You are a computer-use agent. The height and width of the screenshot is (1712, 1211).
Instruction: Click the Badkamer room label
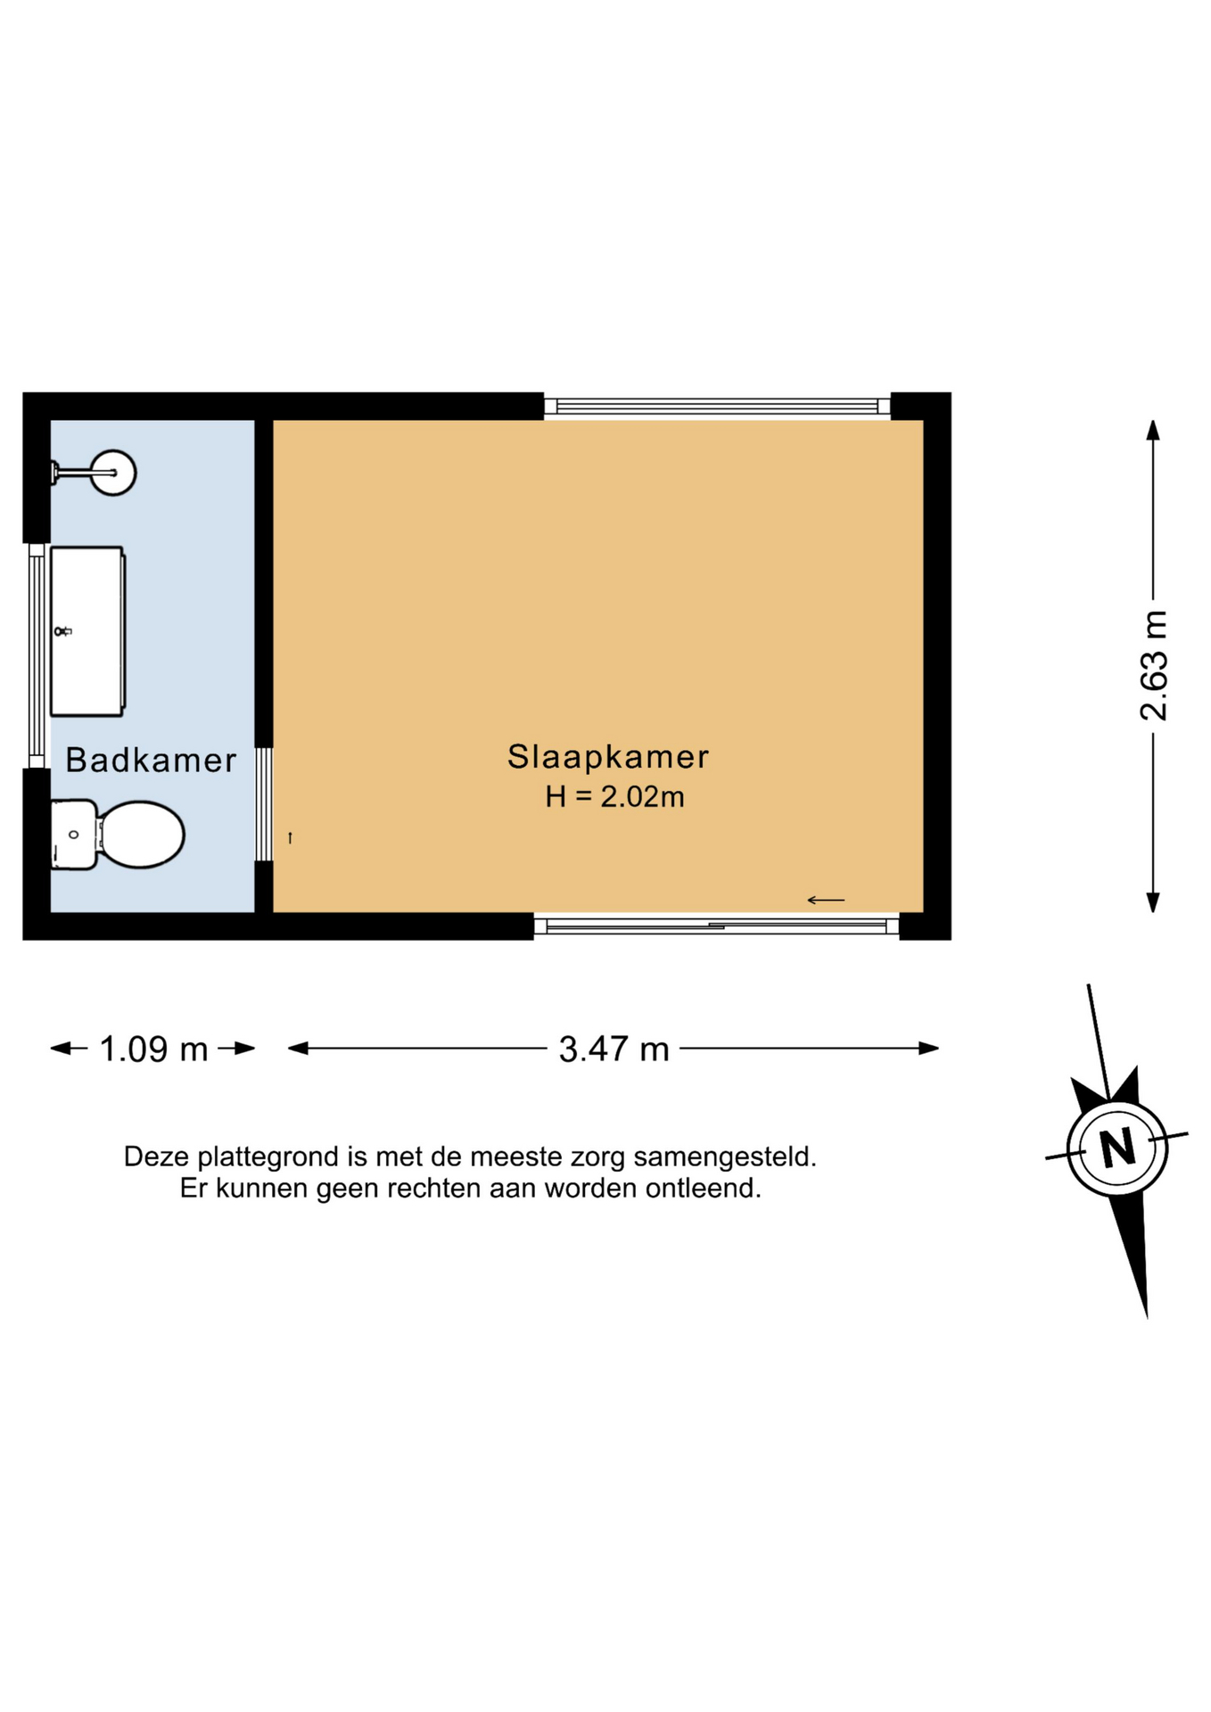(x=151, y=761)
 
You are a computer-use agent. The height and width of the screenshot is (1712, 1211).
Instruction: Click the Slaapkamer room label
(x=608, y=757)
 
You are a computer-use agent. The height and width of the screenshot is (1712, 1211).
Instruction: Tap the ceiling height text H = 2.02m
(x=615, y=796)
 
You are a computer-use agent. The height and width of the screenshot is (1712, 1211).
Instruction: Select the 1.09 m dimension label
(x=153, y=1049)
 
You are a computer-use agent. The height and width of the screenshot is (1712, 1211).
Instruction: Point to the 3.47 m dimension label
(x=614, y=1049)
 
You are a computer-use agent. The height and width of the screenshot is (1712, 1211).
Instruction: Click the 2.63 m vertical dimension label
(x=1154, y=665)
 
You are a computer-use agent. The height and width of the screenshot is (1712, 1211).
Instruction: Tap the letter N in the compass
(x=1116, y=1147)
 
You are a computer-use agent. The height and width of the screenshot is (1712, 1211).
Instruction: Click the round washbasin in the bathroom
(x=113, y=473)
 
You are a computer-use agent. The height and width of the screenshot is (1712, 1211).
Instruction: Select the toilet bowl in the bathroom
(x=142, y=835)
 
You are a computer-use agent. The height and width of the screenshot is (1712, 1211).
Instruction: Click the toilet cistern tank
(x=74, y=835)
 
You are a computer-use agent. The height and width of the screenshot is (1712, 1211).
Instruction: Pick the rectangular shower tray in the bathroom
(x=87, y=631)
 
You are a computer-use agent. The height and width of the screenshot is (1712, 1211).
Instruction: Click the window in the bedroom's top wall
(x=717, y=407)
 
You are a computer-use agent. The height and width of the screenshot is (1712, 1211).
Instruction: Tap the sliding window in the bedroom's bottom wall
(x=717, y=926)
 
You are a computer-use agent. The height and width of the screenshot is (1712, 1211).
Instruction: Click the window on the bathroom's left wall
(x=37, y=655)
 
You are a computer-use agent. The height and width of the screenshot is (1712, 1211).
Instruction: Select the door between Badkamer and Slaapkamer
(x=264, y=804)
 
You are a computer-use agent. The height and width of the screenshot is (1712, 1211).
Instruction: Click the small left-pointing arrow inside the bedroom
(x=826, y=900)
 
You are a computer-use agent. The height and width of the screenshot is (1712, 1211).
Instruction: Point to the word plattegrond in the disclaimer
(x=268, y=1156)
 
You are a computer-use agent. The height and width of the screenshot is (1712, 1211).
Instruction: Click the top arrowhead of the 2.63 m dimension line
(x=1153, y=430)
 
